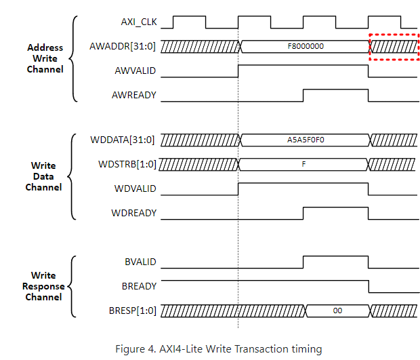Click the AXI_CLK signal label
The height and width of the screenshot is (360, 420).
point(139,22)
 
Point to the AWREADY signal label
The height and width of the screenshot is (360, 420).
point(133,95)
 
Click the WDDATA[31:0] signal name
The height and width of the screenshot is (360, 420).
point(123,140)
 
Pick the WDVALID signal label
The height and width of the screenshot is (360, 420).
point(133,188)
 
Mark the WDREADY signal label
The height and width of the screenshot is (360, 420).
point(133,213)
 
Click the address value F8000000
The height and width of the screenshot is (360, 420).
point(306,47)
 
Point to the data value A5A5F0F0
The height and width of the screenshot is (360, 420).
point(306,140)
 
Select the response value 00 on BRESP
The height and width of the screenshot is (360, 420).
point(337,311)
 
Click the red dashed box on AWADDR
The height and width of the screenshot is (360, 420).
point(394,46)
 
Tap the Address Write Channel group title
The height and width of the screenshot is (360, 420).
point(45,58)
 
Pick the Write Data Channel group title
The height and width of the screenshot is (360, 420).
point(43,176)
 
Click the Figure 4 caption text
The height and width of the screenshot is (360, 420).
point(218,349)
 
